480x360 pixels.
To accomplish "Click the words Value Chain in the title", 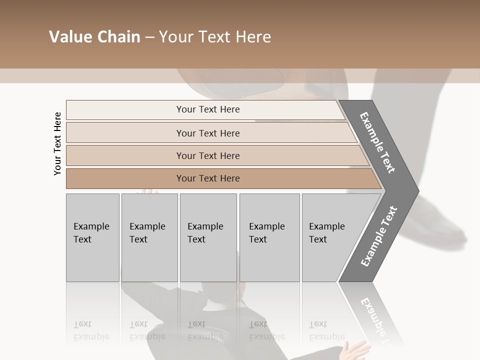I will point(94,37).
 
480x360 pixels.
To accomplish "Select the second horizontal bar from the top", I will point(208,133).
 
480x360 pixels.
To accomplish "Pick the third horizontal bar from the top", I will point(208,155).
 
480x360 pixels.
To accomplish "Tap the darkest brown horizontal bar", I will point(208,178).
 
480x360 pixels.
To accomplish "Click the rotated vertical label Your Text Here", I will point(57,144).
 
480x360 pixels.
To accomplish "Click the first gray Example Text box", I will point(92,237).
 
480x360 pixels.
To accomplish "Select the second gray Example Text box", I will point(149,237).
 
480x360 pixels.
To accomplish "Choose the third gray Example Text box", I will point(208,237).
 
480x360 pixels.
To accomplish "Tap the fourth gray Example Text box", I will point(269,237).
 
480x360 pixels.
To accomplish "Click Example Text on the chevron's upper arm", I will point(377,142).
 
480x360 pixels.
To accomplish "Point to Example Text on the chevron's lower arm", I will point(378,236).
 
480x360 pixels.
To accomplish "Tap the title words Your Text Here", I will point(215,37).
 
